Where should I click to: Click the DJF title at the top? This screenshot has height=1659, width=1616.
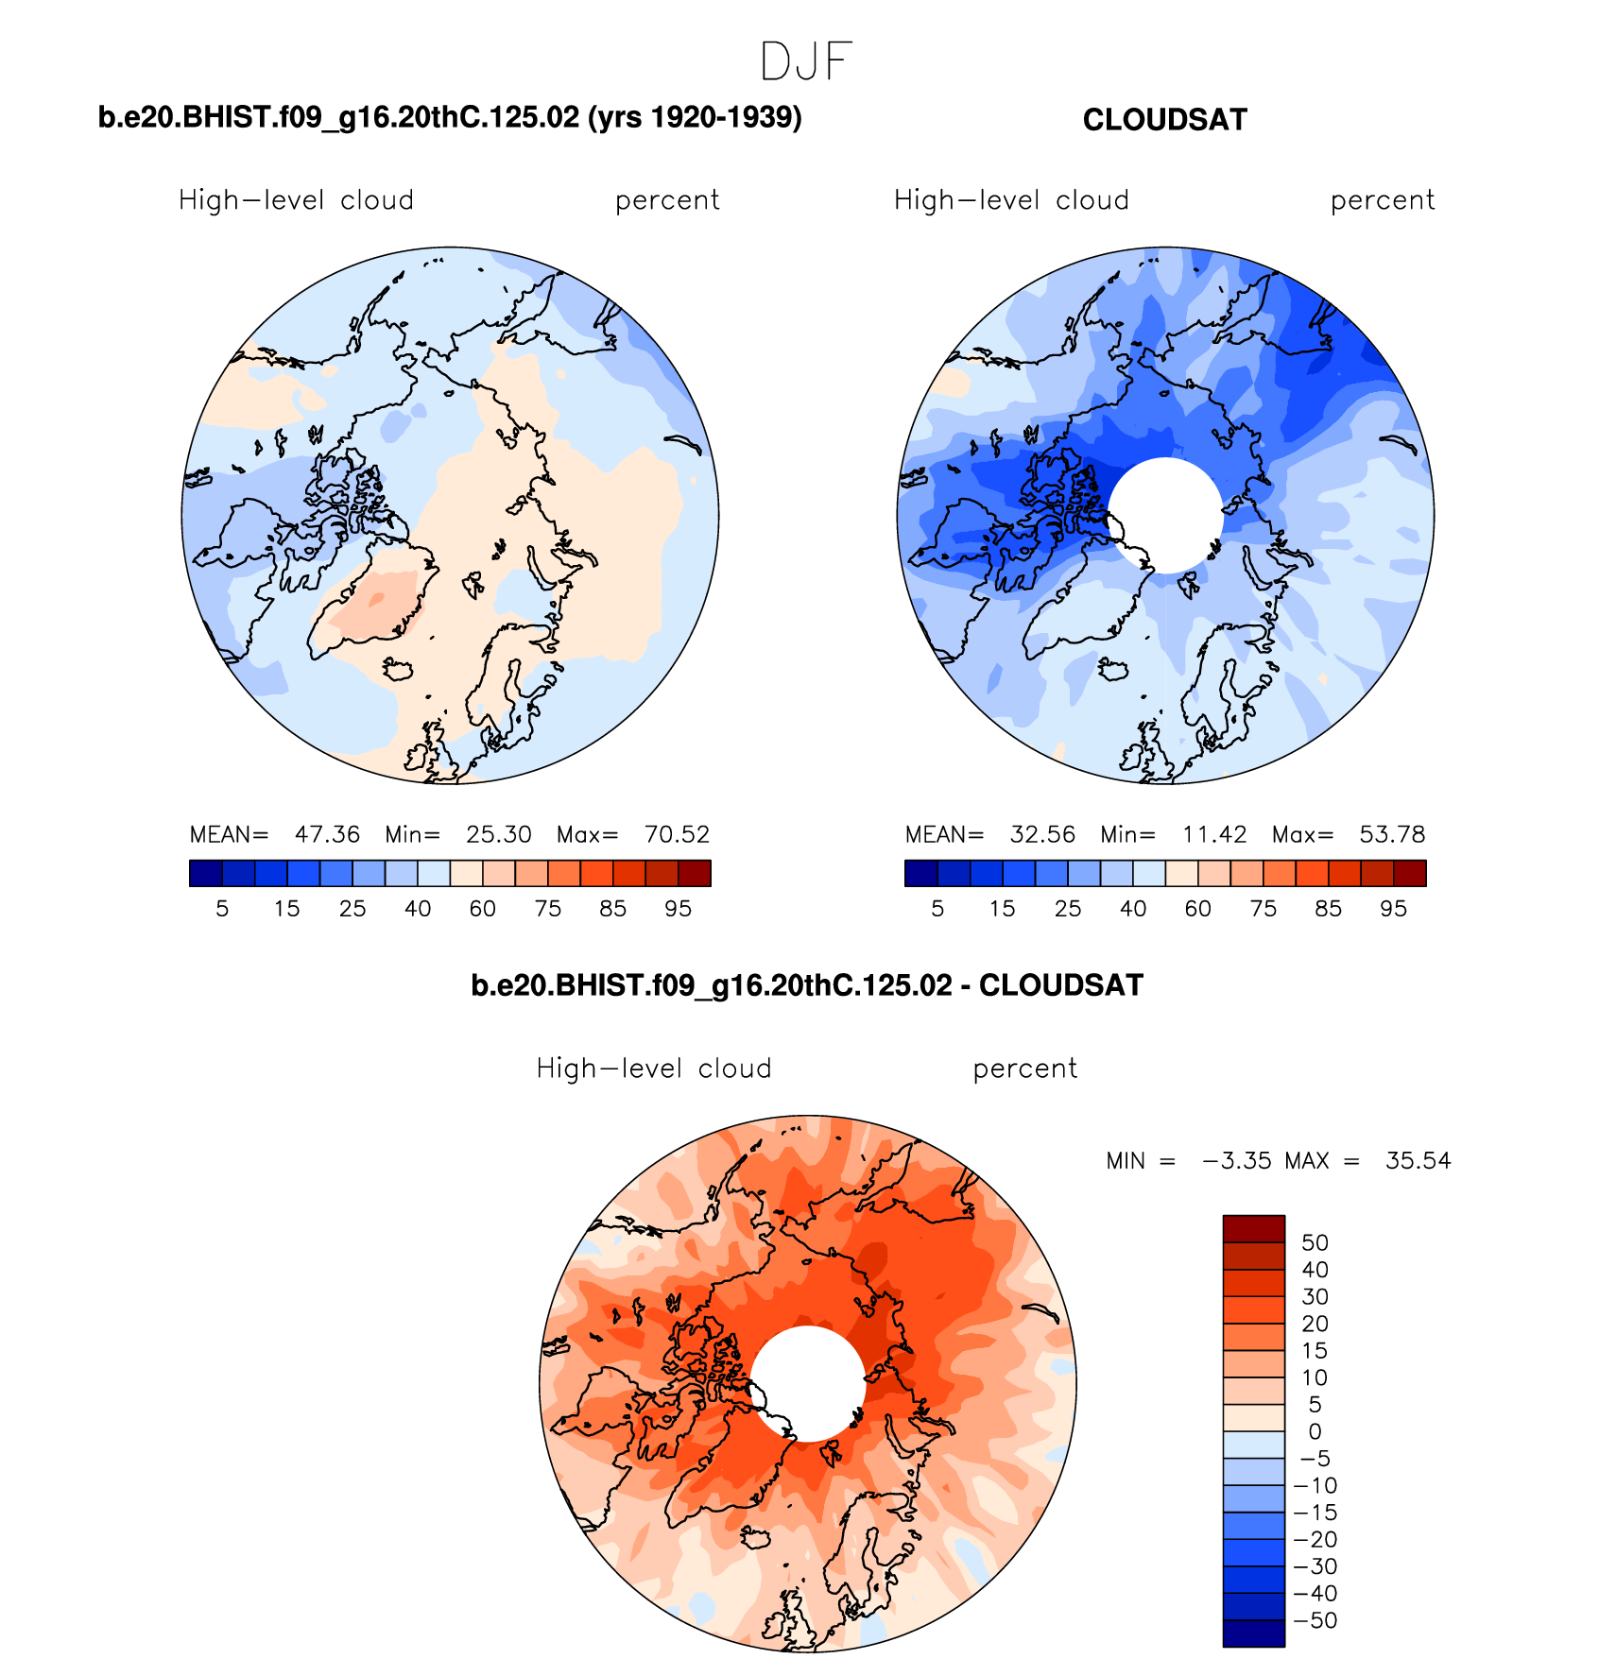click(x=806, y=62)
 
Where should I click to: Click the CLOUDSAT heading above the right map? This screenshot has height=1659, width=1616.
click(x=1164, y=120)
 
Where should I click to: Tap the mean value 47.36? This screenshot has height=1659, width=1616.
click(x=327, y=834)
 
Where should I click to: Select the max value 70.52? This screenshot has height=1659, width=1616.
click(x=677, y=834)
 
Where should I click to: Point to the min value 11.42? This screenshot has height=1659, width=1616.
click(x=1214, y=834)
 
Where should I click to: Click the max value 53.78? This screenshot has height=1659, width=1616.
click(x=1392, y=834)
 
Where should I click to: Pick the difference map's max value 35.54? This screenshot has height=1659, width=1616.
click(x=1418, y=1160)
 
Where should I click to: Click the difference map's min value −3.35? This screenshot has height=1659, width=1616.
click(x=1237, y=1160)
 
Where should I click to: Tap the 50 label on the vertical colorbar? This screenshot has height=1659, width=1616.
click(x=1315, y=1242)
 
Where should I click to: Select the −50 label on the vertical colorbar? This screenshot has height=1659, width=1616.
click(x=1315, y=1620)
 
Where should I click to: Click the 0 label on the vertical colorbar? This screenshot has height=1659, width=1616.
click(x=1315, y=1431)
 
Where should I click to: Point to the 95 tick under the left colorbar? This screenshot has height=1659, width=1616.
click(x=678, y=909)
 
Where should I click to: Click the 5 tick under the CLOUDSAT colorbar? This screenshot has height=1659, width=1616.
click(x=937, y=909)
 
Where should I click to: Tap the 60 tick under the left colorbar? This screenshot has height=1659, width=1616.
click(x=483, y=909)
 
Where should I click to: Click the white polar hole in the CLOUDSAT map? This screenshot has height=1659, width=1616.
click(x=1166, y=515)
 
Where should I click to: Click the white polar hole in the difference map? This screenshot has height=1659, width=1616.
click(x=808, y=1383)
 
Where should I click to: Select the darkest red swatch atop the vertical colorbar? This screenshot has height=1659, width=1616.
click(x=1254, y=1228)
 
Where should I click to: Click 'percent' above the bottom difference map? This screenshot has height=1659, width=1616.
click(x=1024, y=1069)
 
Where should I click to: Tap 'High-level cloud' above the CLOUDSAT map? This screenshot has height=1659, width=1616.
click(x=1011, y=200)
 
